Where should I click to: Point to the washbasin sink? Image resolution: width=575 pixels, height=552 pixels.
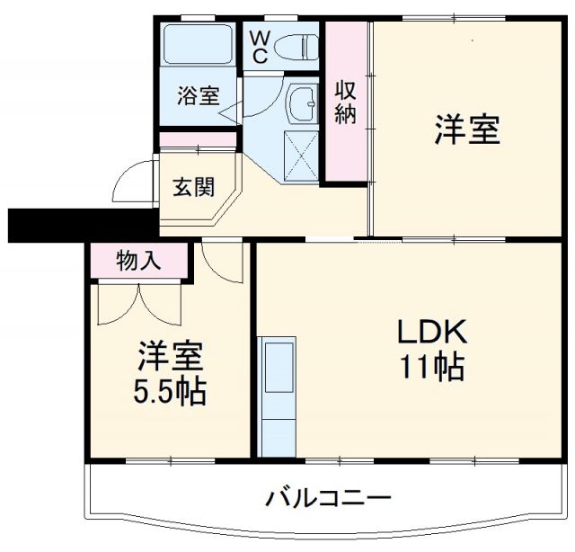coord(301,106)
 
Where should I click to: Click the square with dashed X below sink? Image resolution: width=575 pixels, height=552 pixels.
coord(302,156)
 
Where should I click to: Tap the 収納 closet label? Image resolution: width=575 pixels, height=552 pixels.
coord(347,102)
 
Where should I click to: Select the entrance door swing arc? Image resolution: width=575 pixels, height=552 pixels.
coord(130,184)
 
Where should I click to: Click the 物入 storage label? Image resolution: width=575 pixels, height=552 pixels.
coord(139,262)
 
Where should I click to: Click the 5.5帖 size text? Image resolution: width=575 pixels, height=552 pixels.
coord(170,392)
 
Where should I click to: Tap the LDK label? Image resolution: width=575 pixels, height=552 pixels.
coord(433,332)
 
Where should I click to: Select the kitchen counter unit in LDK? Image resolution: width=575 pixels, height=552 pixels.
coord(276,395)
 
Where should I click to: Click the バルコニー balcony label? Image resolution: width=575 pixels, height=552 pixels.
coord(328,497)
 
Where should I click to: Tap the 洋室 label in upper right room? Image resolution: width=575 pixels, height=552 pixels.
coord(467,130)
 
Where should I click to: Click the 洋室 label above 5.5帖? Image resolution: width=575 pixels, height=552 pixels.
coord(170,357)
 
